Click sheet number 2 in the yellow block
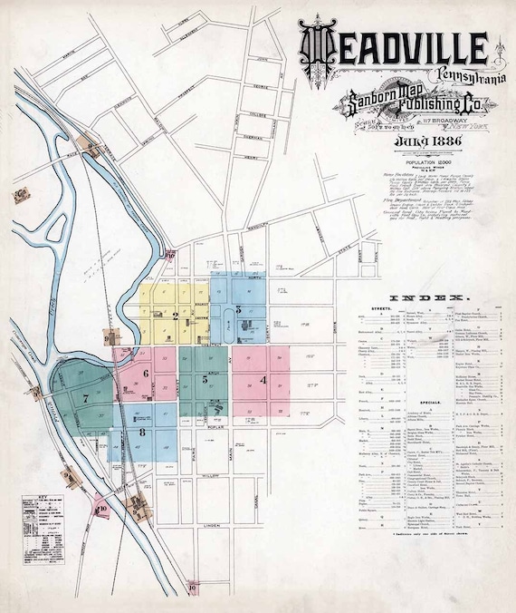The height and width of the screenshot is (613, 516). (x=175, y=316)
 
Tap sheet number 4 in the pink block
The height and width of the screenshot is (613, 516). (x=263, y=380)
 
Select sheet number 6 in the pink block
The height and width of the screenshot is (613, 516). (x=145, y=373)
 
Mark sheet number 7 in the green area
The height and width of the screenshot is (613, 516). (x=85, y=398)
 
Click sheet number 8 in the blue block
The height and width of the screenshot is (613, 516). (x=142, y=434)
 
